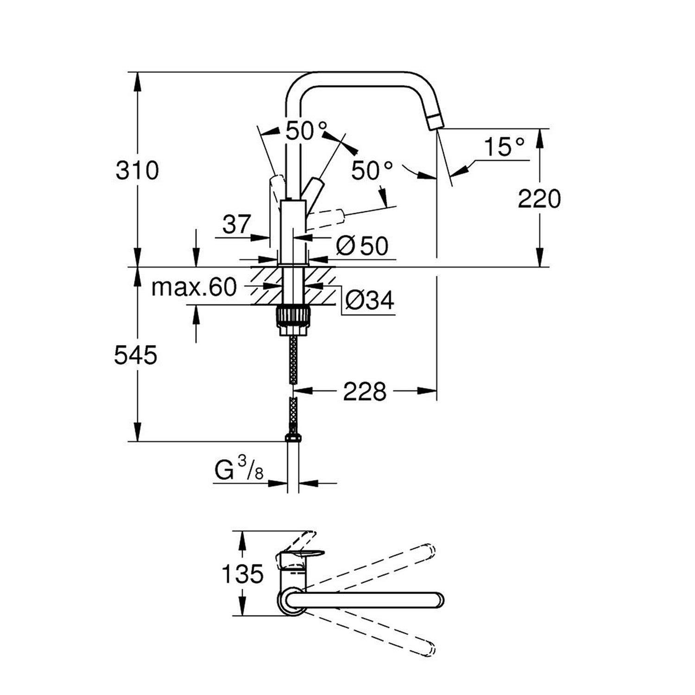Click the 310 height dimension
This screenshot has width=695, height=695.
[x=137, y=171]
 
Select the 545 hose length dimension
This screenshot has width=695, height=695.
[x=136, y=356]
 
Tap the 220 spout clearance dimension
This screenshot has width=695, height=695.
[x=539, y=199]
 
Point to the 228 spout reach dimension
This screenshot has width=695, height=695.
[x=365, y=392]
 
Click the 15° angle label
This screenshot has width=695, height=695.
[x=505, y=147]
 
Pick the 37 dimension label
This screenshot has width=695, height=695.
[x=236, y=225]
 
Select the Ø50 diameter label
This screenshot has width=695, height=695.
[x=362, y=246]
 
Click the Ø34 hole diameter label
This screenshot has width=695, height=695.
[x=370, y=300]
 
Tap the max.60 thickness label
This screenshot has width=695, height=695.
[x=194, y=288]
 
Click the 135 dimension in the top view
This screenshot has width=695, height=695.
[x=242, y=575]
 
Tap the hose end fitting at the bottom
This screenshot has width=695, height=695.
[x=293, y=437]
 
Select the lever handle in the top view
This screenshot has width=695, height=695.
[x=306, y=553]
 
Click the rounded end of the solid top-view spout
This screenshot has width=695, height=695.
[x=437, y=599]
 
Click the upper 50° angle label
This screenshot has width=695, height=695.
[x=306, y=131]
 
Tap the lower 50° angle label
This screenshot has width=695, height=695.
[x=372, y=171]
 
